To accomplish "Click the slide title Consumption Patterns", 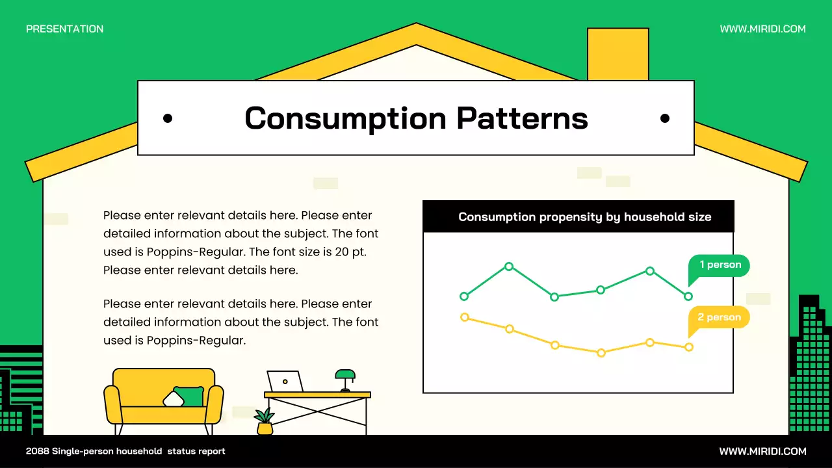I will [416, 118].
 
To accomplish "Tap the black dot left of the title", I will [168, 118].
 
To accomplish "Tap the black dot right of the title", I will [664, 118].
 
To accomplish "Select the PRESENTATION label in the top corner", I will [64, 29].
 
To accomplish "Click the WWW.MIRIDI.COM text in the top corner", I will [762, 29].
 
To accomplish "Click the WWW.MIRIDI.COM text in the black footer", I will [762, 451].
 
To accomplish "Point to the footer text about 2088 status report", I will [125, 451].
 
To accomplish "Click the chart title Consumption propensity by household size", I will [584, 217].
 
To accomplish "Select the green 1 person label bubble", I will [720, 265].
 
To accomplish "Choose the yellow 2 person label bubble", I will [720, 317].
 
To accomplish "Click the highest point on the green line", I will [509, 266].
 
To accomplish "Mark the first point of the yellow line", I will [464, 317].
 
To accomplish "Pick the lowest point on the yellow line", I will [601, 353].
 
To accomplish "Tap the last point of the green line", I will [688, 296].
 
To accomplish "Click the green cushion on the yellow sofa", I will [190, 396].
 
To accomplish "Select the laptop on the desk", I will [285, 382].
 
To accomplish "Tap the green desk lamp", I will [345, 378].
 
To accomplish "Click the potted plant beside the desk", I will [265, 422].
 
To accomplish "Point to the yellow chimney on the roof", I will [617, 53].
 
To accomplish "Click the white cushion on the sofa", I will [173, 398].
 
